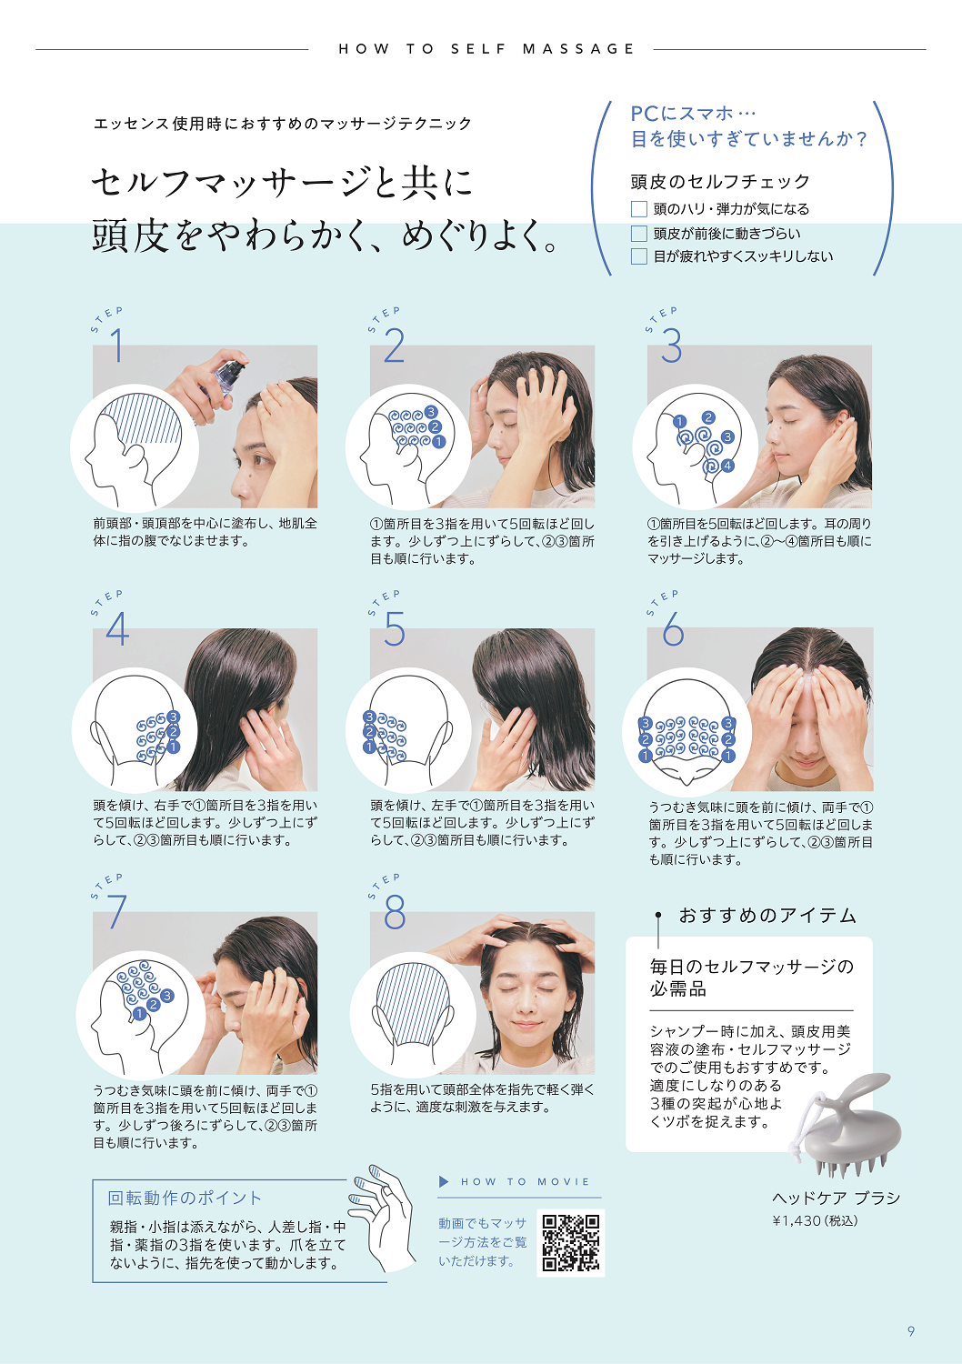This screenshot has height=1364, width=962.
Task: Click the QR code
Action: click(x=571, y=1242)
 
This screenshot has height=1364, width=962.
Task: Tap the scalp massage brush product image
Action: click(x=850, y=1124)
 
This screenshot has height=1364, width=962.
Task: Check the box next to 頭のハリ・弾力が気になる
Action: click(x=639, y=209)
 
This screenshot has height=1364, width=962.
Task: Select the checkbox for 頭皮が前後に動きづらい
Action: click(x=639, y=234)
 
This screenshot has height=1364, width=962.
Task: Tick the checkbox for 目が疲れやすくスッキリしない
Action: click(x=639, y=256)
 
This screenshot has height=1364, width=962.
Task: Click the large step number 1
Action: click(x=117, y=346)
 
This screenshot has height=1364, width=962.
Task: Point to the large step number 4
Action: click(x=117, y=629)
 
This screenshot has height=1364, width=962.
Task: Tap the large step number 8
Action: click(x=395, y=912)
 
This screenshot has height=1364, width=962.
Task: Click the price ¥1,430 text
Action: click(x=815, y=1220)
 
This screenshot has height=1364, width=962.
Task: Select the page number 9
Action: click(x=911, y=1331)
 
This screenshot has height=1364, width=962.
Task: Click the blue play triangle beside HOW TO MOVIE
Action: click(x=445, y=1181)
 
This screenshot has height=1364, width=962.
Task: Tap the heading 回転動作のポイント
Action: click(x=185, y=1198)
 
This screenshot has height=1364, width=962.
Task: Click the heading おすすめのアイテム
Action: click(x=767, y=916)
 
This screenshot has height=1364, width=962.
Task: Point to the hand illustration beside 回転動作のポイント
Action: click(x=385, y=1214)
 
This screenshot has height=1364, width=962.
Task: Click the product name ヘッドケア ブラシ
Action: click(x=836, y=1198)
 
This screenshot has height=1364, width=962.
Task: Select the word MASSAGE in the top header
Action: click(x=578, y=49)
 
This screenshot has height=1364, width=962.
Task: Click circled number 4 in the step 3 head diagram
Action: click(x=727, y=466)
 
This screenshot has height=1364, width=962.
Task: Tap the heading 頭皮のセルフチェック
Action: click(x=720, y=182)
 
